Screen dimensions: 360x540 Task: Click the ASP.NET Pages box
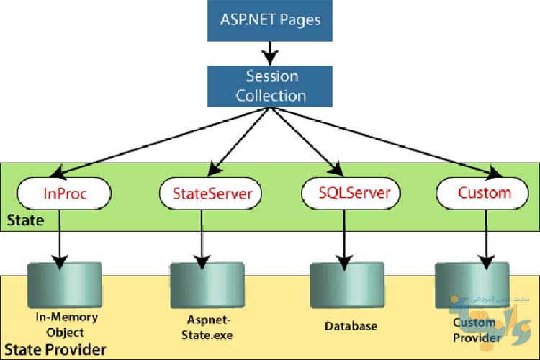tap(270, 19)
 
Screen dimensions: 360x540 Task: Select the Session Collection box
tap(270, 86)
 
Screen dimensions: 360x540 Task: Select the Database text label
tap(349, 326)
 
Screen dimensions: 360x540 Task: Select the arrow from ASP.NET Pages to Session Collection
tap(270, 52)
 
